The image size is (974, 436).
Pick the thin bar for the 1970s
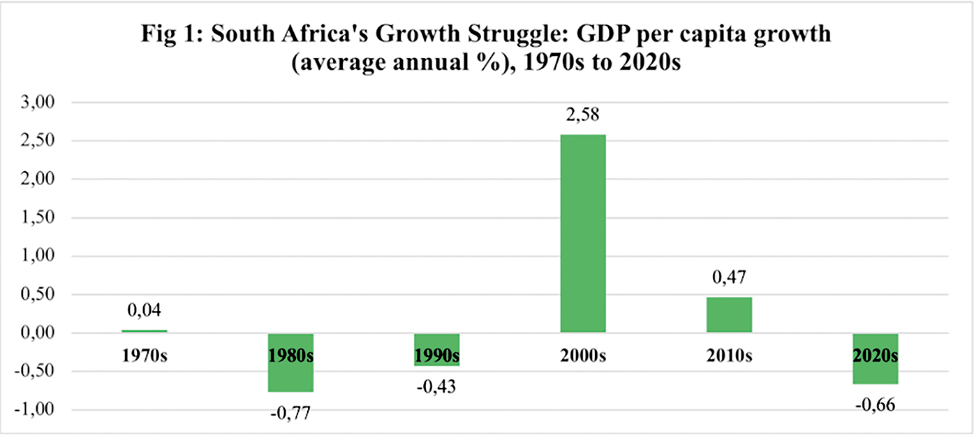144,330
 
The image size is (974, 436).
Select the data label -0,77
291,414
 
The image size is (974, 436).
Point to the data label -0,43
437,386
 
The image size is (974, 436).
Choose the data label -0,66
875,405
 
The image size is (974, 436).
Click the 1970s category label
144,355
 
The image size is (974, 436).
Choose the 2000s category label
583,355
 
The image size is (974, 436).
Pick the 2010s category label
729,355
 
